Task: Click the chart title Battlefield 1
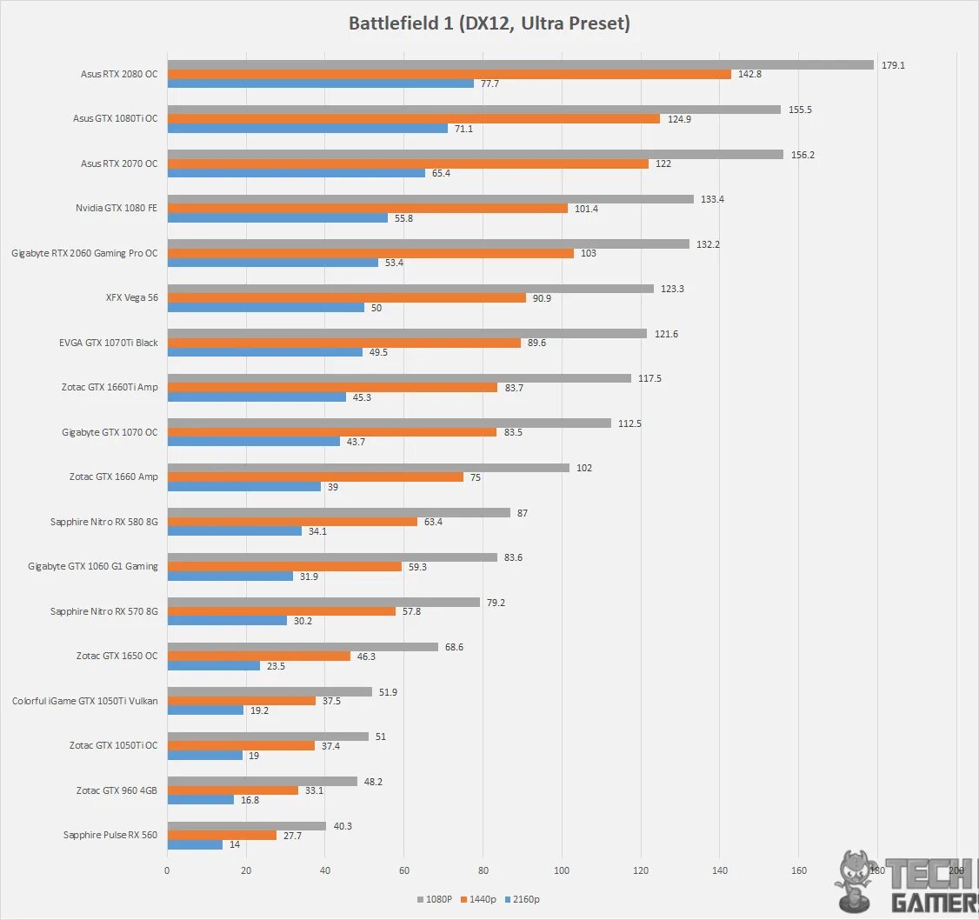489,23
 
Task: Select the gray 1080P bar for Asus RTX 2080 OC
520,64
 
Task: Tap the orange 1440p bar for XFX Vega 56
346,297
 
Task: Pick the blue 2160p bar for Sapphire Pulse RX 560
195,844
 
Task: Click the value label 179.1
893,65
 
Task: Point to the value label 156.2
802,155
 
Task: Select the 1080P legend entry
435,899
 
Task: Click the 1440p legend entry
481,899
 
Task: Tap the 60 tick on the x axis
404,870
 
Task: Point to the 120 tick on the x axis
641,870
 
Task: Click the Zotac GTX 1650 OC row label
117,656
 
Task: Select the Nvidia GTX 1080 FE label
117,208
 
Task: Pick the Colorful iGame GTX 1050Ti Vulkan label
85,700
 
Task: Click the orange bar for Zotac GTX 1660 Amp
315,477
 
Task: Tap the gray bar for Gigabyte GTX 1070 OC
390,423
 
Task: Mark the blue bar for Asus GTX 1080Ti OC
308,128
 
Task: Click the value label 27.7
292,835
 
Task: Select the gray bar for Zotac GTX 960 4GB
262,781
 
